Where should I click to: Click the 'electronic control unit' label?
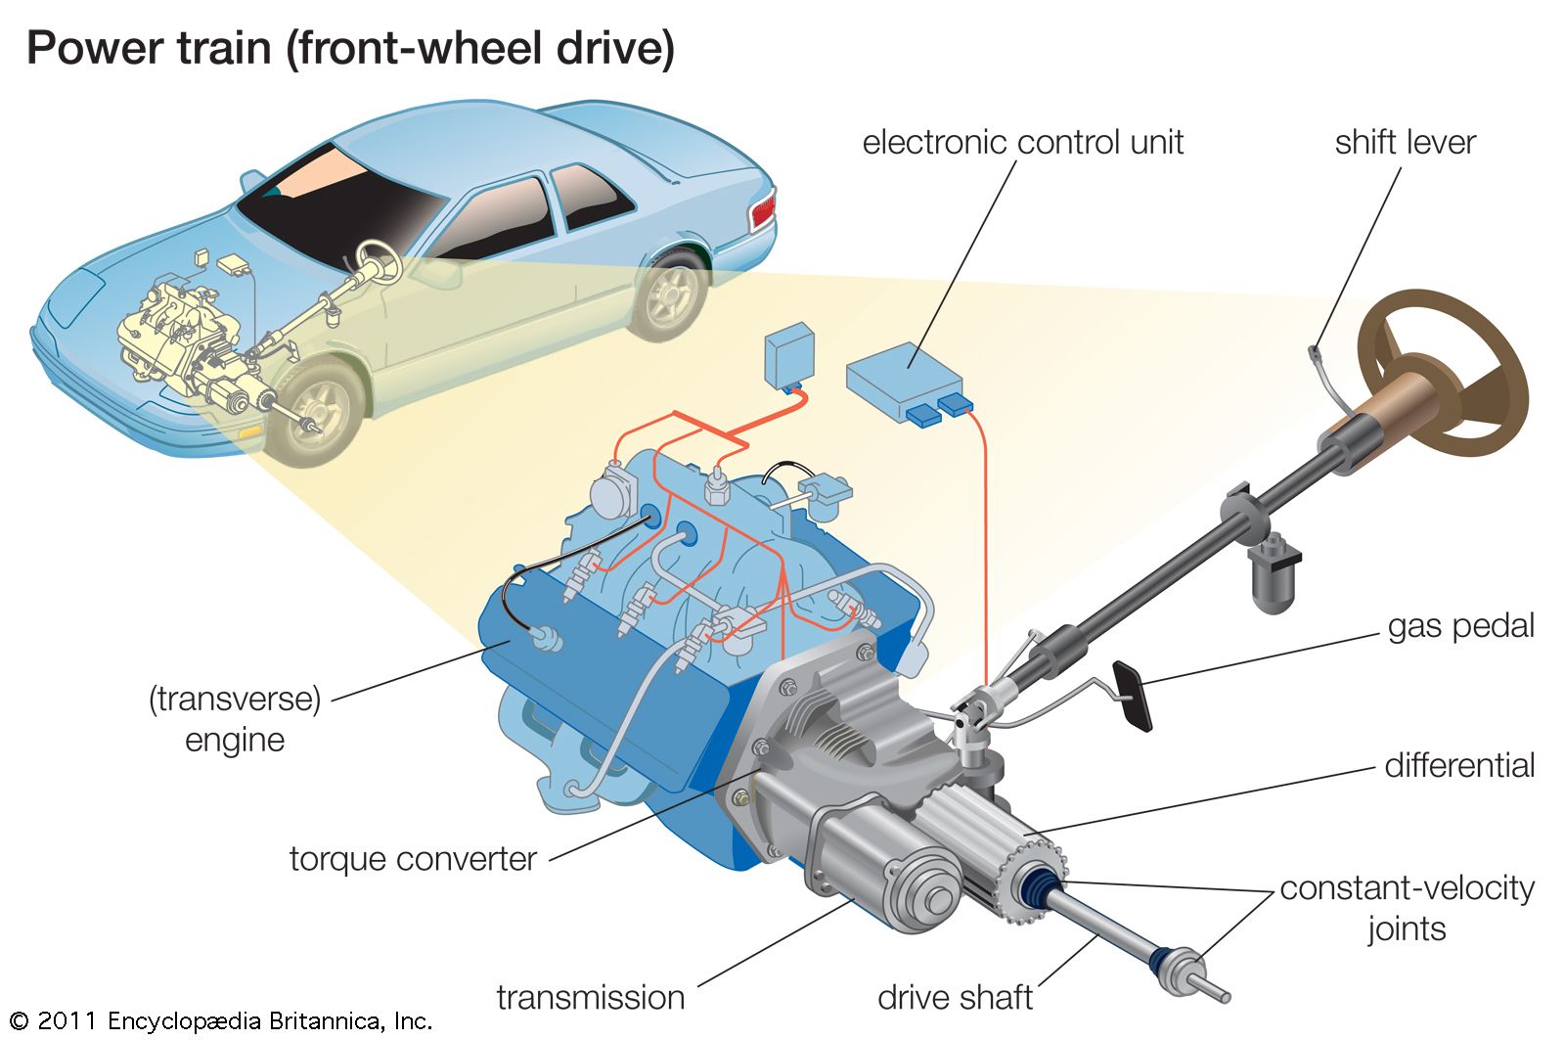coord(1022,143)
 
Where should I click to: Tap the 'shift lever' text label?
coord(1404,143)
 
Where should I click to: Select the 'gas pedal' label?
coord(1460,626)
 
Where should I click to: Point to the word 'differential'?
coord(1458,765)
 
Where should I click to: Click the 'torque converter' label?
coord(413,859)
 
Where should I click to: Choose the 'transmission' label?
coord(590,997)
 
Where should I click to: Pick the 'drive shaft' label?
coord(955,997)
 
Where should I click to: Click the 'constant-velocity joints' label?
coord(1407,907)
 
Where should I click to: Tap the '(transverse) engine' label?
coord(235,719)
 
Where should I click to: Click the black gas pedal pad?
coord(1134,696)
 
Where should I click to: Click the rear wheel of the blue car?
coord(672,294)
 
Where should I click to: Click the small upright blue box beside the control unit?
coord(790,353)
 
